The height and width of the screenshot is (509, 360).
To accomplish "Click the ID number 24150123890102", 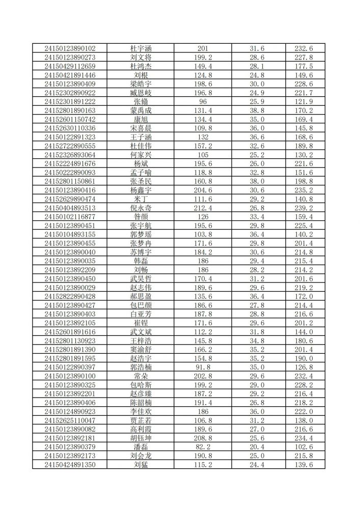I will tap(70, 48).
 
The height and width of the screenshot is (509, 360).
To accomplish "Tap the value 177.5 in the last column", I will tap(303, 66).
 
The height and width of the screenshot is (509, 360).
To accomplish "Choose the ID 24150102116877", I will tap(70, 217).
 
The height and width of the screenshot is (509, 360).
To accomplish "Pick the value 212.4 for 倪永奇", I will tap(203, 208).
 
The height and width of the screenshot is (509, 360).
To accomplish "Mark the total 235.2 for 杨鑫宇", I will tap(303, 190).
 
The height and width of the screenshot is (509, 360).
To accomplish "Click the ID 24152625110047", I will tap(70, 420).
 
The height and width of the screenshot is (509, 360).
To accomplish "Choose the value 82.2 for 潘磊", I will tap(203, 447).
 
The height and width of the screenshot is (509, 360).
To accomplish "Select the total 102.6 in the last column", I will tap(303, 447).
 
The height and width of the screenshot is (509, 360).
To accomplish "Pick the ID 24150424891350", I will tap(70, 465).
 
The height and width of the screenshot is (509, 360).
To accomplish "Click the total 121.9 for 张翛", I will tap(303, 101).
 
